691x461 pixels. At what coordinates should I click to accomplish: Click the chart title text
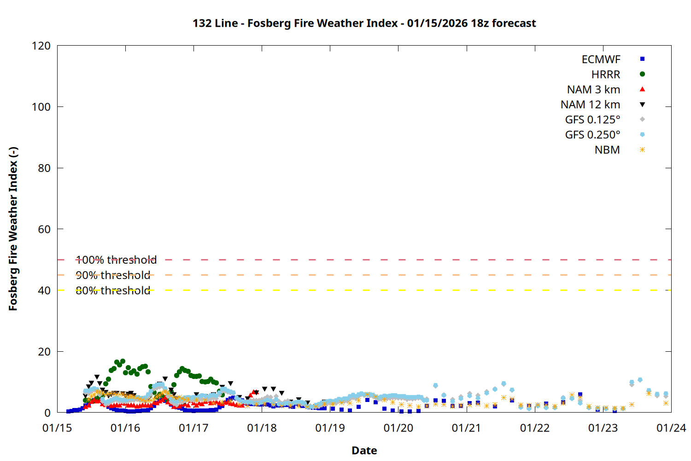point(364,23)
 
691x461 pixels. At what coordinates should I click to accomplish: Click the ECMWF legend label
point(601,59)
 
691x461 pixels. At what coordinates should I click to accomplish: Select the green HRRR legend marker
point(642,74)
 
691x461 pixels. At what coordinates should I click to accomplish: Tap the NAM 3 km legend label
point(593,89)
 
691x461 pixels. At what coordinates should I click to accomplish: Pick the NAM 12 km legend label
point(590,105)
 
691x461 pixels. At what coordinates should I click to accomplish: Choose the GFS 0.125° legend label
point(592,120)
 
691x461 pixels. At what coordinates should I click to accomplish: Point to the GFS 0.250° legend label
point(592,135)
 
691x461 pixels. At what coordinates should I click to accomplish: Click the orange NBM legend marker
point(642,150)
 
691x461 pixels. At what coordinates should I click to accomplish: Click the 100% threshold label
point(116,260)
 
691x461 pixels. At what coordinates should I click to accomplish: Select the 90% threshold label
point(113,275)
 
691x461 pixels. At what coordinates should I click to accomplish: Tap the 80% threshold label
point(113,290)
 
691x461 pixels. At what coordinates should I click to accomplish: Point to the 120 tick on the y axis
point(41,46)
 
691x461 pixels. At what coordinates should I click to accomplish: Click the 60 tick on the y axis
point(44,229)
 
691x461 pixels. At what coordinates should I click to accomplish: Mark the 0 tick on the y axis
point(47,413)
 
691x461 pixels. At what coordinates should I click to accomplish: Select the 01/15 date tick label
point(57,428)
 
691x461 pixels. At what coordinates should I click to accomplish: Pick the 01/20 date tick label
point(398,428)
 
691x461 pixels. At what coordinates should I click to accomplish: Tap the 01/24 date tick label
point(671,428)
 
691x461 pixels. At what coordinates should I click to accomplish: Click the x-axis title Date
point(364,450)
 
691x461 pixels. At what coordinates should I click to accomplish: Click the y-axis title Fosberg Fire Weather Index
point(13,229)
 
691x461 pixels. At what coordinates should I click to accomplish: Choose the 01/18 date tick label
point(262,428)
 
